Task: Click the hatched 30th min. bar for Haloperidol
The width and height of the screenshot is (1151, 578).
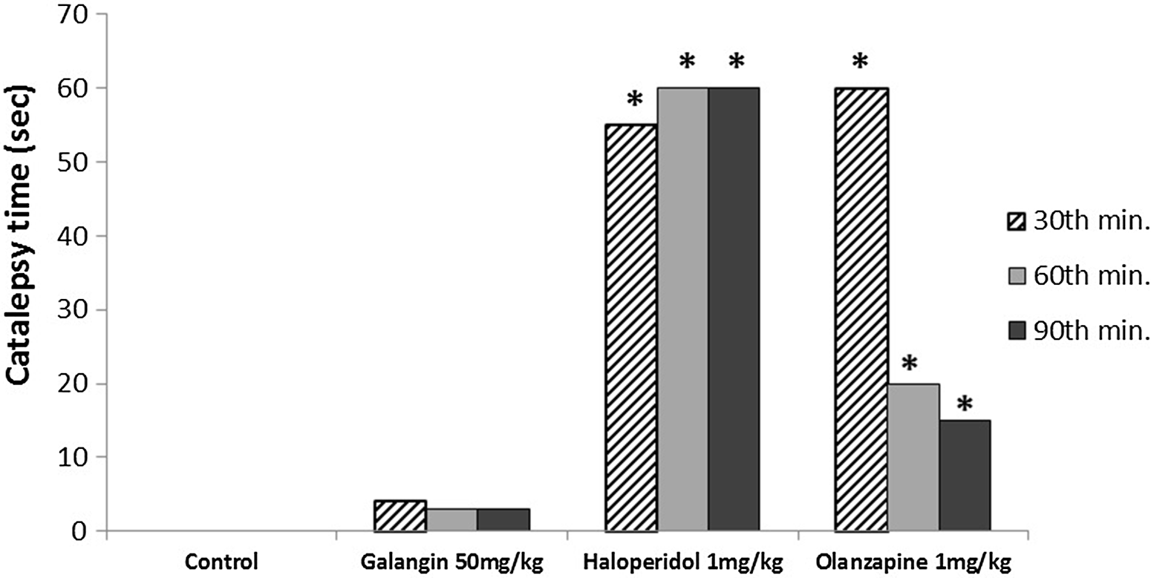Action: pyautogui.click(x=631, y=326)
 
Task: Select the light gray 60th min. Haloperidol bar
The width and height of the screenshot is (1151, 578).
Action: pyautogui.click(x=682, y=308)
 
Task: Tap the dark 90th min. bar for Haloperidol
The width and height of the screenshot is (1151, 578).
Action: pyautogui.click(x=734, y=308)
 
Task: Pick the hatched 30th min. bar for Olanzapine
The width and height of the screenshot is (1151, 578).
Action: pyautogui.click(x=861, y=308)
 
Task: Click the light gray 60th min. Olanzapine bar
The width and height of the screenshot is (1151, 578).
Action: pyautogui.click(x=913, y=456)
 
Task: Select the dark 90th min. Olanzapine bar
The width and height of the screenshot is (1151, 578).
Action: pyautogui.click(x=964, y=475)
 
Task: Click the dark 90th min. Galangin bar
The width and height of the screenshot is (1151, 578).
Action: pyautogui.click(x=503, y=520)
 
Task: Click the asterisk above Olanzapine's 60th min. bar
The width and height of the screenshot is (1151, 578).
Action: pyautogui.click(x=910, y=364)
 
